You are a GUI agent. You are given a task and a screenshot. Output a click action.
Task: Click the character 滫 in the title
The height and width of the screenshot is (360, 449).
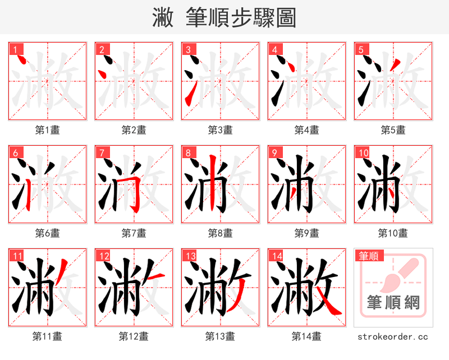tap(163, 18)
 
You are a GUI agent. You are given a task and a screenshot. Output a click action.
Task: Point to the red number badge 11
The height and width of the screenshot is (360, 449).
tap(17, 256)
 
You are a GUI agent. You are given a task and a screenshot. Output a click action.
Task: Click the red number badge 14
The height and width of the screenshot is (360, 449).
tap(276, 256)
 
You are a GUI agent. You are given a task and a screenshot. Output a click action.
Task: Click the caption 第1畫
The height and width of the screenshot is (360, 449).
tap(48, 130)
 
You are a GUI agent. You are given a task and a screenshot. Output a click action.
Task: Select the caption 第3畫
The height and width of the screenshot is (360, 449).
tap(221, 130)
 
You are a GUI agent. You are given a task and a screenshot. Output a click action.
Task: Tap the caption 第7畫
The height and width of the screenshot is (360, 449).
tap(134, 233)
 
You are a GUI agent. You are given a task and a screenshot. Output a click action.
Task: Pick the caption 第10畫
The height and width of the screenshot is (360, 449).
tap(393, 233)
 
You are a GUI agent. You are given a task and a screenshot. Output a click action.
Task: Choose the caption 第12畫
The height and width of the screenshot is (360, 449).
tap(134, 336)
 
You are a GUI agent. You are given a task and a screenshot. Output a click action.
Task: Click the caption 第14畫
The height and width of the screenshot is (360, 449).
tap(306, 336)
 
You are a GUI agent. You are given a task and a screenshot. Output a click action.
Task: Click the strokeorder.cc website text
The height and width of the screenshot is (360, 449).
tap(393, 336)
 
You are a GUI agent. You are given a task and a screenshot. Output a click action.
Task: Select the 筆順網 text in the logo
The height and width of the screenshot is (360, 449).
tap(393, 303)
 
